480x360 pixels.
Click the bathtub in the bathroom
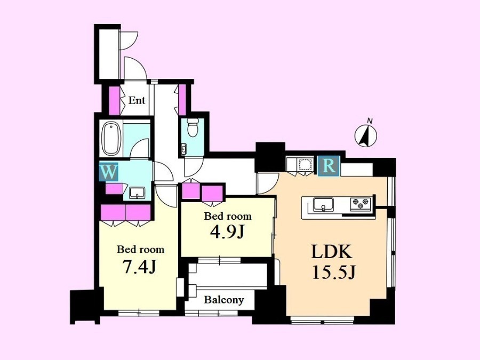111,139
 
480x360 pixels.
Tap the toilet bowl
193,127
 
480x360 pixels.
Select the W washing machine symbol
109,172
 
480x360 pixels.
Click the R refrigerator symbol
329,166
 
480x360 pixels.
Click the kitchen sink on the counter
323,204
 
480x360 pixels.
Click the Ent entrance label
137,100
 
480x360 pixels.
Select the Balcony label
224,300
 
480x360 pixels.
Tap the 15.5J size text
333,272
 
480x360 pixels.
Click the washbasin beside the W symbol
137,193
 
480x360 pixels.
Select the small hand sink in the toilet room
184,149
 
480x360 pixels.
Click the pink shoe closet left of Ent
115,100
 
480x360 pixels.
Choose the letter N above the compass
370,121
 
